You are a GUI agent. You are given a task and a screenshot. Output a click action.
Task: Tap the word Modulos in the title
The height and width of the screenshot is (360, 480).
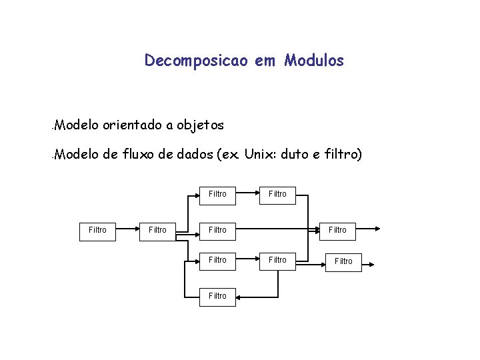(314, 61)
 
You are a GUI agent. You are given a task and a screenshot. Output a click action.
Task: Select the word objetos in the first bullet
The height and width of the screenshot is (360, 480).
(200, 125)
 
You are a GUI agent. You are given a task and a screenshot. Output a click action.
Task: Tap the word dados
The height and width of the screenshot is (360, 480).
(194, 155)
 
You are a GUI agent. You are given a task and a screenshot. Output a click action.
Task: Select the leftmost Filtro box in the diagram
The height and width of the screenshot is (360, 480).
(97, 230)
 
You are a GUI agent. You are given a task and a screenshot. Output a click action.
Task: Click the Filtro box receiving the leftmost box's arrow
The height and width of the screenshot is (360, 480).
(157, 230)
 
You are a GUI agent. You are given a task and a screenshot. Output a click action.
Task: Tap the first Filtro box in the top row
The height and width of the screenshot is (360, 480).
(217, 194)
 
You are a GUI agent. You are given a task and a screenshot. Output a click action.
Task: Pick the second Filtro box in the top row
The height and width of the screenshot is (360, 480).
(277, 194)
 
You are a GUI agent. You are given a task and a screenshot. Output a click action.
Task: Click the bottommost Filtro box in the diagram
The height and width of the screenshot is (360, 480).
(217, 295)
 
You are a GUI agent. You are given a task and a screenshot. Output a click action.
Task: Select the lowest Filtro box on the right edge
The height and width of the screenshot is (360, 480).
(343, 261)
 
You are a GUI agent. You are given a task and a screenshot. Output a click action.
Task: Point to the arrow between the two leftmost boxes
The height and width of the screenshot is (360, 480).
(127, 230)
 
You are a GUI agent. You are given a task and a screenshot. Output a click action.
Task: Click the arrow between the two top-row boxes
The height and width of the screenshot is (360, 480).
(247, 194)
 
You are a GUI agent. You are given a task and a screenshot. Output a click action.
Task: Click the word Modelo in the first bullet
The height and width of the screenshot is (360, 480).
(77, 125)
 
